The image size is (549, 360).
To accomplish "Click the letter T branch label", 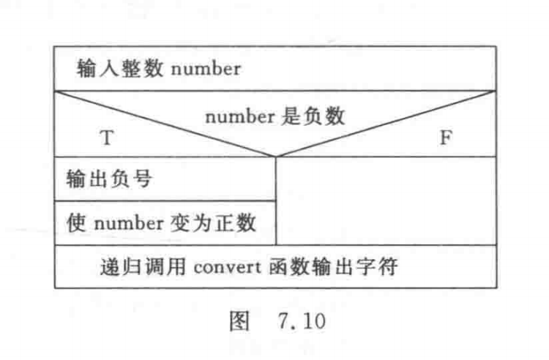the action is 107,138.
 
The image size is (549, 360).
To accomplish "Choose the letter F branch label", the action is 444,138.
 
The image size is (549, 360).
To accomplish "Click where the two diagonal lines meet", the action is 276,157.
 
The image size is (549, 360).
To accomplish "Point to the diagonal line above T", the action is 165,124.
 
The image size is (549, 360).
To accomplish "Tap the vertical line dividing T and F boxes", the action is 276,201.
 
